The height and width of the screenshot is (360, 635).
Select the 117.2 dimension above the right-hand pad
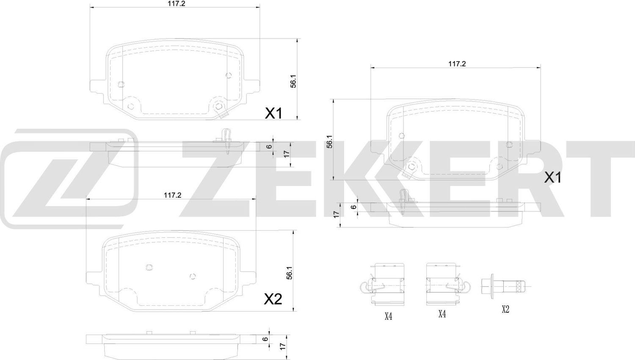457,64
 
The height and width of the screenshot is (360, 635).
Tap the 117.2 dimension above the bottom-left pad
172,195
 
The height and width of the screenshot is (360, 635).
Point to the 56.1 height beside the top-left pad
293,81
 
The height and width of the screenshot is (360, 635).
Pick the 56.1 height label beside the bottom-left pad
289,273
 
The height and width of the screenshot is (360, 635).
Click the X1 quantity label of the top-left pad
273,113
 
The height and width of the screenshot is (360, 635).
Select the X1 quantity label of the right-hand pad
552,178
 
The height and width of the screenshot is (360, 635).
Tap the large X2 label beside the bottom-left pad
273,300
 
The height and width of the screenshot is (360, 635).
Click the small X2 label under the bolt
505,309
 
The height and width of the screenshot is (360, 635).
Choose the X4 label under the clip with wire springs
388,316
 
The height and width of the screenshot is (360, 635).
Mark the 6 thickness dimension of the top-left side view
269,146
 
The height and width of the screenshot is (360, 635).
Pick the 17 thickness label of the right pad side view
336,214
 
